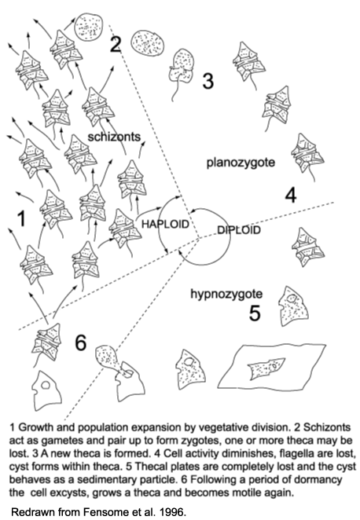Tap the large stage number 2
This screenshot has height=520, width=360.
pos(115,45)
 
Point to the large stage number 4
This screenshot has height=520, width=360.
pos(290,195)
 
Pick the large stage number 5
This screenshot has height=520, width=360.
pos(255,313)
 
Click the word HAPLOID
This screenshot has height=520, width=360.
pos(166,224)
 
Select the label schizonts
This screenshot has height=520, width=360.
pos(115,137)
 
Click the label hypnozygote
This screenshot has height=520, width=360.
pos(226,294)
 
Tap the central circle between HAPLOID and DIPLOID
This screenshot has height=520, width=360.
pos(202,229)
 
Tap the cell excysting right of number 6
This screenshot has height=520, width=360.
pos(116,368)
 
